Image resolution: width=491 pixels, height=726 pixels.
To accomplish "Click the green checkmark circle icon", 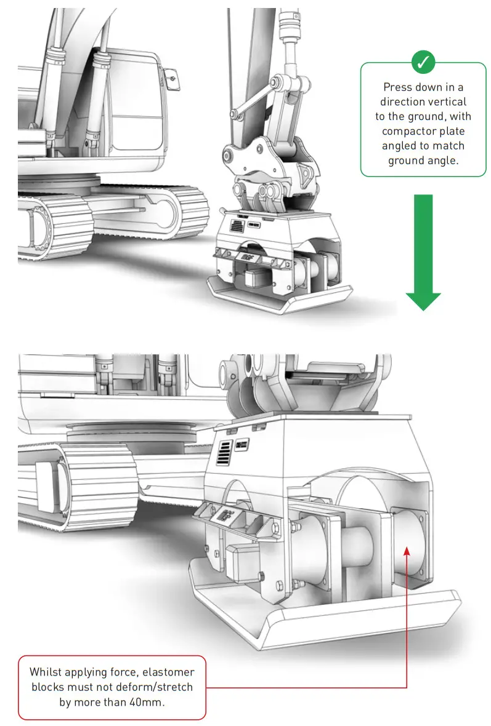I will [x=423, y=62].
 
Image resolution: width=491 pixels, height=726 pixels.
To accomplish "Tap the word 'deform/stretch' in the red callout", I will [x=155, y=687].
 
